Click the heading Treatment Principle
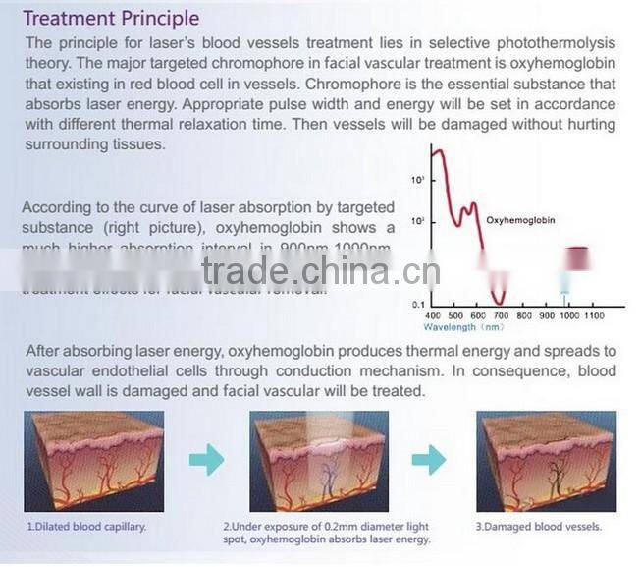[x=111, y=19]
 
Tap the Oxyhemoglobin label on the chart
[x=520, y=220]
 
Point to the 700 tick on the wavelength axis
[x=501, y=315]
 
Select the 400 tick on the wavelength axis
[x=433, y=315]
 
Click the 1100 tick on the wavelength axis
[x=593, y=315]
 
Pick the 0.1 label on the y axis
[x=417, y=304]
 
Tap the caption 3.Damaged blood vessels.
[x=538, y=526]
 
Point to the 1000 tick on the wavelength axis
[x=567, y=315]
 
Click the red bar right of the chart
[x=579, y=257]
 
